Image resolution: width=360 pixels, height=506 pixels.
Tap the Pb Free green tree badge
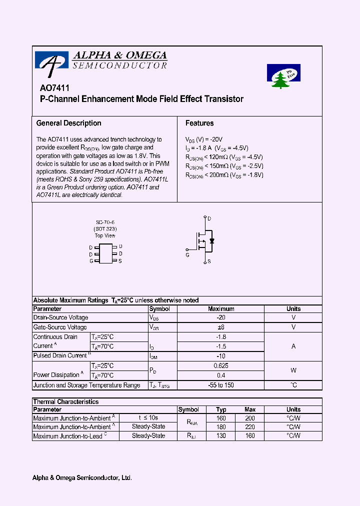283,76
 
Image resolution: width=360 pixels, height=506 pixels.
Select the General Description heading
68,123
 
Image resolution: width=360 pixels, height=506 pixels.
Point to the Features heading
199,123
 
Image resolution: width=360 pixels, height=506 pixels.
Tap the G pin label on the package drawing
91,260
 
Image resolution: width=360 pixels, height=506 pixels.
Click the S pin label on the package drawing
120,260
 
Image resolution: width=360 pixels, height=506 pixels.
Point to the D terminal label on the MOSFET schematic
209,218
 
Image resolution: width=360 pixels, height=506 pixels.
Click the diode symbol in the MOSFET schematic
212,241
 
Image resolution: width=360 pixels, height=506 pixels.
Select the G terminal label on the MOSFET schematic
187,254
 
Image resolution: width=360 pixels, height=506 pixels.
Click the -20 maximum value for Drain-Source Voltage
221,317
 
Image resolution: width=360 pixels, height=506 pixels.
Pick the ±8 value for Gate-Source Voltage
221,327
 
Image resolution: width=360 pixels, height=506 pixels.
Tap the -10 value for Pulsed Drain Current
221,355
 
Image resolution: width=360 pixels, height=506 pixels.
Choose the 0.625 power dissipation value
221,365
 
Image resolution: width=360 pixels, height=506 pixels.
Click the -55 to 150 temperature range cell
221,385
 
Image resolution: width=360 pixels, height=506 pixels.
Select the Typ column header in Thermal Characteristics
221,409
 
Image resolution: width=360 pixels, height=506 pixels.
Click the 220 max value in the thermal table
250,427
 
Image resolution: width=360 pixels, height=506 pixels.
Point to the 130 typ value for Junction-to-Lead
221,436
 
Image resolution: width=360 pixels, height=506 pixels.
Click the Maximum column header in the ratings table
221,308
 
